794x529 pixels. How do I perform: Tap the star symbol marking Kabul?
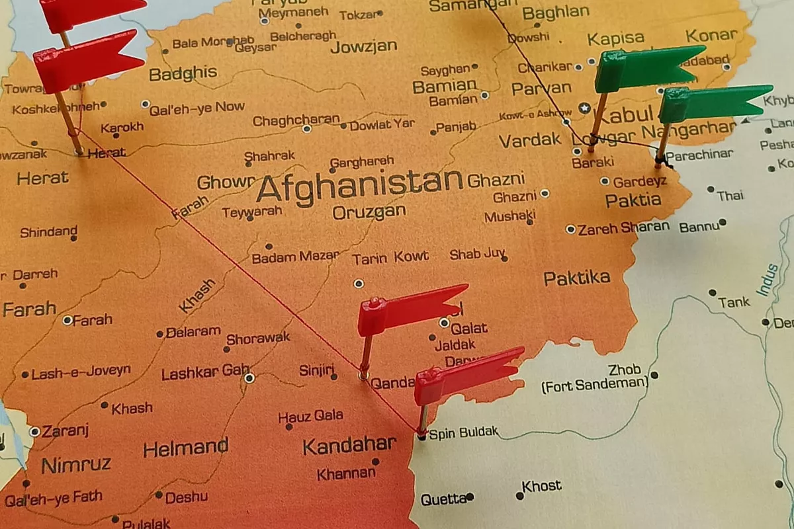584,107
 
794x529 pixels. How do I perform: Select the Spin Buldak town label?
463,434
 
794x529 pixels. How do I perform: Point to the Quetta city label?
443,499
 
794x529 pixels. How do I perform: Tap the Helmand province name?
186,448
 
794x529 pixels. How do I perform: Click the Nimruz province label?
76,465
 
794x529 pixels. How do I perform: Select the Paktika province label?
577,278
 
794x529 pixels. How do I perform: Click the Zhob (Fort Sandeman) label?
594,377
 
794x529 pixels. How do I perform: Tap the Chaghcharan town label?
296,120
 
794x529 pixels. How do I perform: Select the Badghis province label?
183,73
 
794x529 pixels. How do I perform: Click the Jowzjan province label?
364,46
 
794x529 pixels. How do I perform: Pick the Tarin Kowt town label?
390,257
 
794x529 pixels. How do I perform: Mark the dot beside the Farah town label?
67,320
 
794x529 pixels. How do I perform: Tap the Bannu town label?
699,227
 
